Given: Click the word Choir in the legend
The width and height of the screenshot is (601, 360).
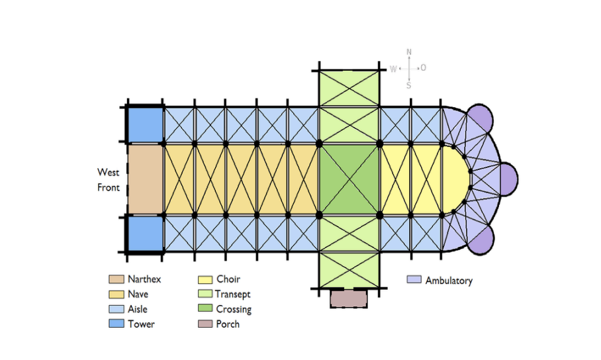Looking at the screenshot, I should click(x=228, y=279).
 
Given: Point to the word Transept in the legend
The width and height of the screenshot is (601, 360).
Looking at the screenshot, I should click(x=233, y=294).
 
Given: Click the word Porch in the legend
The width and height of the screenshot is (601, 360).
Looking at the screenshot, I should click(x=228, y=324).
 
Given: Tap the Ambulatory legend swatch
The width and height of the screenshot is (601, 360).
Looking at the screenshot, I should click(x=414, y=280).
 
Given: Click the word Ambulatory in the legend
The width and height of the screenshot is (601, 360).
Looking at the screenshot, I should click(x=449, y=281).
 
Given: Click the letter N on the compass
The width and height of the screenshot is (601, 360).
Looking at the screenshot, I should click(x=409, y=52).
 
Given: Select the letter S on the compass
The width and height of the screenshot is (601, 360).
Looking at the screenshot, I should click(x=409, y=85).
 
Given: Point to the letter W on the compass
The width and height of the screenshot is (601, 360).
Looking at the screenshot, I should click(x=393, y=68).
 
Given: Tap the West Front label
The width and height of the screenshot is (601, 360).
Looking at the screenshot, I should click(x=109, y=180).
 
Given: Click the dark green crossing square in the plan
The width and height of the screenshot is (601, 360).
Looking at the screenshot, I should click(x=349, y=179).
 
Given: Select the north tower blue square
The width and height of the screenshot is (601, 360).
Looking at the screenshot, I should click(x=145, y=124).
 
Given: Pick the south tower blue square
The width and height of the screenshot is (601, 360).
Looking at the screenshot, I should click(x=145, y=234).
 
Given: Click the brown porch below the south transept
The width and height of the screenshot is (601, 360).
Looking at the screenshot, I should click(x=348, y=298).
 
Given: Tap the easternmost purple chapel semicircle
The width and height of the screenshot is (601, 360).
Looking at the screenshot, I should click(x=508, y=178).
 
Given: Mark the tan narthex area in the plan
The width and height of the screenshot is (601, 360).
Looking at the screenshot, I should click(x=145, y=179).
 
